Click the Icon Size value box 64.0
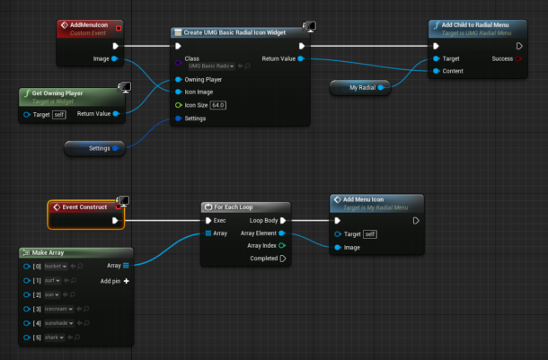pyautogui.click(x=218, y=104)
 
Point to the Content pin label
pyautogui.click(x=452, y=71)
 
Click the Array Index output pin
pyautogui.click(x=282, y=245)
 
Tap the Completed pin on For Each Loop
pyautogui.click(x=282, y=259)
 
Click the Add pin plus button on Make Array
pyautogui.click(x=126, y=281)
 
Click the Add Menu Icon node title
pyautogui.click(x=364, y=199)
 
